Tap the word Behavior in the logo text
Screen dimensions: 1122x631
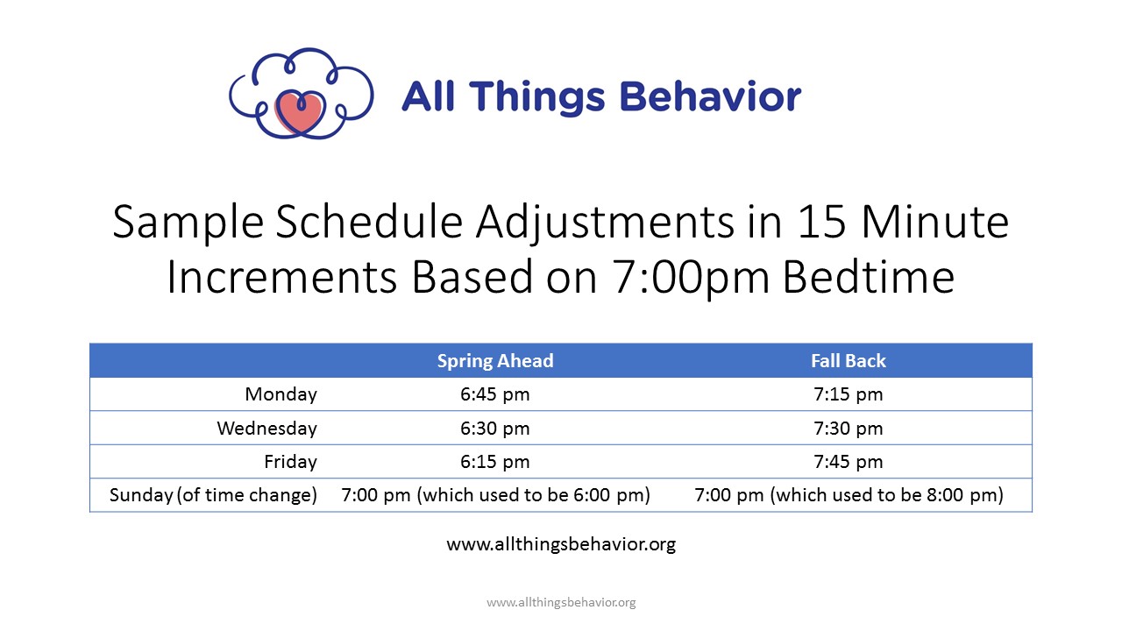click(x=710, y=96)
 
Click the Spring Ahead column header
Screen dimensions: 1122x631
click(x=495, y=360)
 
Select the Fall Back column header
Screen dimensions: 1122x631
click(x=849, y=360)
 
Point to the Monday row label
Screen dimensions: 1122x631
click(x=280, y=394)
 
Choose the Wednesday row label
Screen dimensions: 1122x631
click(x=267, y=429)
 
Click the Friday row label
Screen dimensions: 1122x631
click(x=290, y=462)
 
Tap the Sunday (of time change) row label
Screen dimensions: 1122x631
click(x=213, y=495)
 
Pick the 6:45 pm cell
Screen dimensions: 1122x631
click(x=495, y=394)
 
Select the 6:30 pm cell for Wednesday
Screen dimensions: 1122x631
click(x=495, y=429)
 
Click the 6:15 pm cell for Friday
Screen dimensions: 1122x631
click(x=495, y=462)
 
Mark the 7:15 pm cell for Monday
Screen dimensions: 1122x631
click(x=849, y=394)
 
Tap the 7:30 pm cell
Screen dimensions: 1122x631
click(x=849, y=429)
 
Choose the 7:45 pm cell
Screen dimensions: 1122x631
click(x=849, y=462)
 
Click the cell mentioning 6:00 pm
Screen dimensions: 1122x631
click(x=496, y=495)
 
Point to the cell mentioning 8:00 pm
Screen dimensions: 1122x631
click(x=849, y=495)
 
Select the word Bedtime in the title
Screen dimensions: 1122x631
click(x=869, y=276)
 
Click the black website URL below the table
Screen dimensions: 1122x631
click(x=561, y=544)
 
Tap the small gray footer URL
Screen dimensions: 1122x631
click(x=561, y=602)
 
